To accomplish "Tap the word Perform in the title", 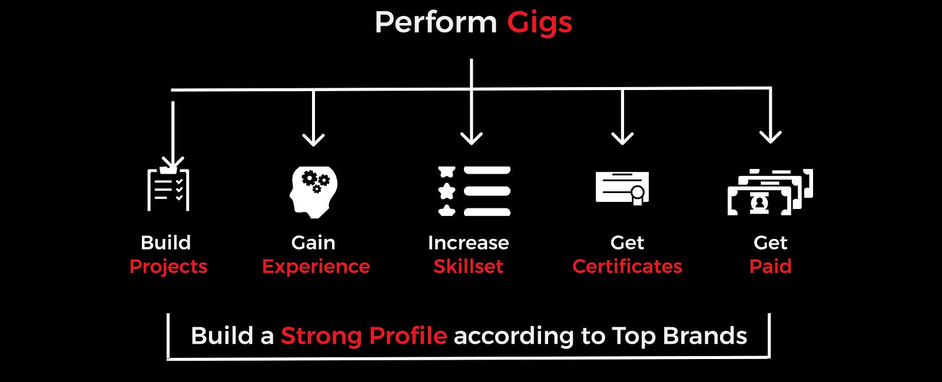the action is pyautogui.click(x=436, y=22).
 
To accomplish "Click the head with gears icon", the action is pyautogui.click(x=313, y=192).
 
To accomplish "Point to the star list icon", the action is pyautogui.click(x=474, y=191).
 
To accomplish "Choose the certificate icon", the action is pyautogui.click(x=622, y=188).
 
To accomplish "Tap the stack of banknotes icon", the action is pyautogui.click(x=770, y=192).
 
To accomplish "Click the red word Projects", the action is pyautogui.click(x=168, y=267).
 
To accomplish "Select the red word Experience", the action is pyautogui.click(x=316, y=267).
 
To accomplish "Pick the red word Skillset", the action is pyautogui.click(x=469, y=267).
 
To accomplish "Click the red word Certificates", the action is pyautogui.click(x=627, y=267).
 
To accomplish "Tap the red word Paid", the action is pyautogui.click(x=771, y=267).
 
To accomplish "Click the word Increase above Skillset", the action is pyautogui.click(x=469, y=243).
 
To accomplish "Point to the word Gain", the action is pyautogui.click(x=313, y=243).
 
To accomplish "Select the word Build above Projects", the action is pyautogui.click(x=165, y=243).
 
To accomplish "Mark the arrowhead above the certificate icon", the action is pyautogui.click(x=622, y=139).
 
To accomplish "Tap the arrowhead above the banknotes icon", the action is pyautogui.click(x=771, y=137).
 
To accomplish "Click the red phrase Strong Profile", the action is pyautogui.click(x=364, y=336).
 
